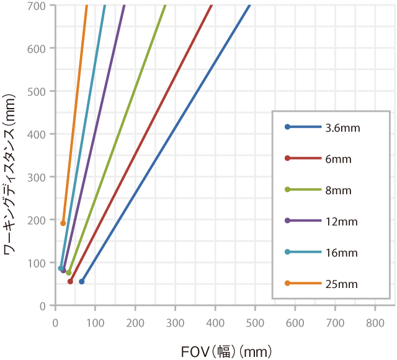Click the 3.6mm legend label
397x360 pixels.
tap(342, 128)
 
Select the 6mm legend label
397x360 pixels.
tap(338, 159)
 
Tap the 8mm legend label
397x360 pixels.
tap(338, 191)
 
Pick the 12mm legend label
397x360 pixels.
tap(341, 222)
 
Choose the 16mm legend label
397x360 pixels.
tap(341, 253)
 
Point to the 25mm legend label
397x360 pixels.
tap(341, 284)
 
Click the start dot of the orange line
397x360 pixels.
tap(63, 223)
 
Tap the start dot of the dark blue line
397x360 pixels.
tap(81, 281)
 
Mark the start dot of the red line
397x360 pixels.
tap(70, 281)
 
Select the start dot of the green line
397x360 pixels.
tap(69, 272)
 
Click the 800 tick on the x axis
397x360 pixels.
tap(375, 322)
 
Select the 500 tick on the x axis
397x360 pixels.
tap(255, 322)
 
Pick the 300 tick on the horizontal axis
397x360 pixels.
tap(175, 322)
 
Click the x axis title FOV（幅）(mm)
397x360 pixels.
tap(226, 352)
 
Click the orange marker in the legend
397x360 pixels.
tap(287, 284)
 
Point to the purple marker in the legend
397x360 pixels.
tap(287, 221)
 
